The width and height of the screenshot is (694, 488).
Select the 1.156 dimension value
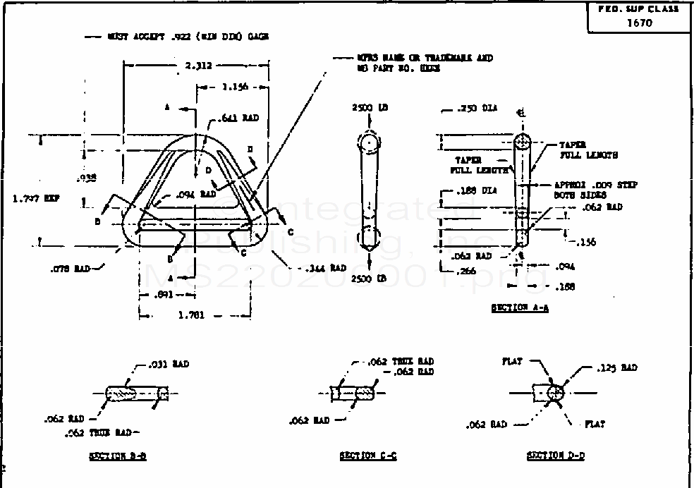(x=233, y=87)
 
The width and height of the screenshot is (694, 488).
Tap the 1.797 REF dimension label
(x=36, y=198)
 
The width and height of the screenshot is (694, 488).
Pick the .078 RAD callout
(x=71, y=268)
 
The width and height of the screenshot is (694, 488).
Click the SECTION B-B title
(x=118, y=456)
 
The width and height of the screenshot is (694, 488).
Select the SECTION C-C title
(x=367, y=456)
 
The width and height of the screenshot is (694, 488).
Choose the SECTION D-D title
(x=556, y=456)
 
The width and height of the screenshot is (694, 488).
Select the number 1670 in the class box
(x=640, y=23)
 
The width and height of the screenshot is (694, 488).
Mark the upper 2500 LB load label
(x=370, y=108)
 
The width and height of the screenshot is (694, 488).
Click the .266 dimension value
(x=465, y=271)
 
